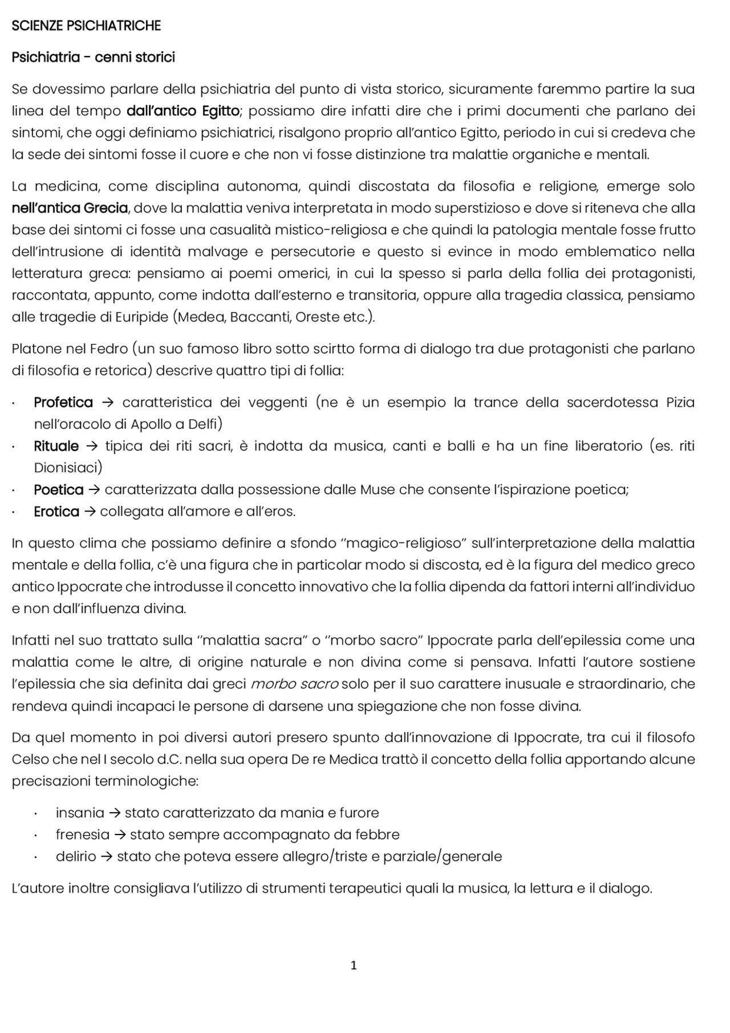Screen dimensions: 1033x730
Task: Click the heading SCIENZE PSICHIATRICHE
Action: tap(86, 26)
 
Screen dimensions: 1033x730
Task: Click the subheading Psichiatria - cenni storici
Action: tap(93, 58)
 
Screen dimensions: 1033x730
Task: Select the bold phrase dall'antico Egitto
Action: tap(182, 111)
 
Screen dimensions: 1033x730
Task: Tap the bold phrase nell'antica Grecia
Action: tap(70, 208)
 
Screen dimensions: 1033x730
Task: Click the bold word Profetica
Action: tap(63, 403)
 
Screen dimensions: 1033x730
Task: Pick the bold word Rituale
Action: tap(56, 446)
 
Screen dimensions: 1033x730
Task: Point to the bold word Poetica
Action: tap(59, 490)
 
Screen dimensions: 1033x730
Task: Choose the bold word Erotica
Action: tap(56, 512)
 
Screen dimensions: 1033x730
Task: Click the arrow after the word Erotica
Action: tap(90, 512)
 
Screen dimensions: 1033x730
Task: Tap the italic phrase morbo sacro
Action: tap(295, 684)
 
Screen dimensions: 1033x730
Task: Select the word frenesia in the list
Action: tap(82, 834)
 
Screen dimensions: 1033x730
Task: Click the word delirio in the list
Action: tap(76, 857)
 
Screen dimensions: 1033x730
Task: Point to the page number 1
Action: tap(354, 965)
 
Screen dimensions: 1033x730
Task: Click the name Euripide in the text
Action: tap(141, 317)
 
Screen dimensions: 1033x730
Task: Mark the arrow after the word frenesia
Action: tap(120, 834)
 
